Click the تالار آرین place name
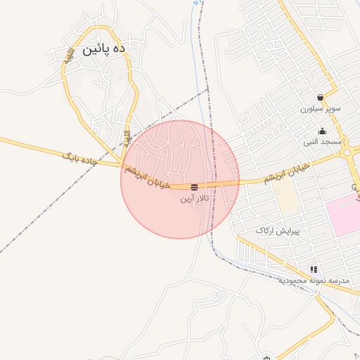194,199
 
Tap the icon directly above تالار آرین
194,187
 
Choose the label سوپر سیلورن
321,109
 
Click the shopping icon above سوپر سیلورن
321,98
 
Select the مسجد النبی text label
323,141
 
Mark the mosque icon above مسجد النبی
323,131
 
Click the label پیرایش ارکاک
278,231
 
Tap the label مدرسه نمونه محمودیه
314,280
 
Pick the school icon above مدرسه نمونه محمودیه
314,269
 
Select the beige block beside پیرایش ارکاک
286,199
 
